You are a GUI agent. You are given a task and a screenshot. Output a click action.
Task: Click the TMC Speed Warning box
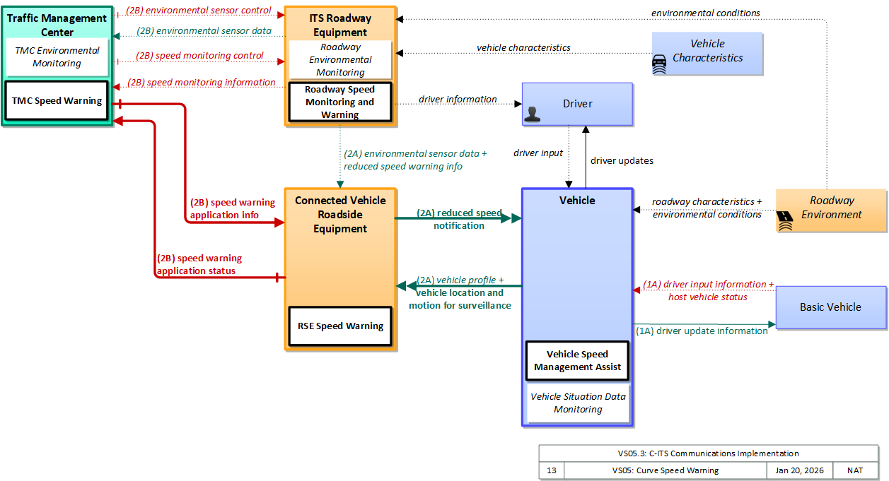tap(57, 100)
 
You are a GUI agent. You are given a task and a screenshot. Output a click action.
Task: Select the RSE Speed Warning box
tap(340, 326)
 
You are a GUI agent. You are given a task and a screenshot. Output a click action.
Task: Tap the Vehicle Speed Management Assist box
tap(577, 360)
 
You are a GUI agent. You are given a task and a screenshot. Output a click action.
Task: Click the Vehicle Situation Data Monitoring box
tap(578, 403)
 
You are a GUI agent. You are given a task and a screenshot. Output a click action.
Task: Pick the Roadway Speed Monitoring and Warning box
tap(340, 102)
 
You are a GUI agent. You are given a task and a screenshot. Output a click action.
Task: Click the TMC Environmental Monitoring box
tap(57, 57)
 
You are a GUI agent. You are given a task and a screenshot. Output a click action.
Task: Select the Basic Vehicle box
tap(831, 307)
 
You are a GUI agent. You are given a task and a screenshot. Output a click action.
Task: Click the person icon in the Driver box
tap(533, 114)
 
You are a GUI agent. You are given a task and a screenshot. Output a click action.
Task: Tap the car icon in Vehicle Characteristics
tap(659, 64)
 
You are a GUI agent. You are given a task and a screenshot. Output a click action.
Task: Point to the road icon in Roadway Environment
tap(784, 220)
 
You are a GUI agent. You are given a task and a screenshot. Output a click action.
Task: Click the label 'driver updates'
tap(622, 161)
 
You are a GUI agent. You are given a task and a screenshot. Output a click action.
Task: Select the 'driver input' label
tap(538, 153)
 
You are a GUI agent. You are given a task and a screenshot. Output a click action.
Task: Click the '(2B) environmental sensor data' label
tap(204, 31)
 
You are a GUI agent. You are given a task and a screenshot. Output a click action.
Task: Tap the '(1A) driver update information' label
tap(702, 331)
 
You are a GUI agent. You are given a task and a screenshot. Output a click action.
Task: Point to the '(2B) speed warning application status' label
tap(199, 264)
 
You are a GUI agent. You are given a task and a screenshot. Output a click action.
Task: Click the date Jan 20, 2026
tap(799, 470)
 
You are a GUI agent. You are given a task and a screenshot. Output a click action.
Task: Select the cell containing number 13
tap(552, 470)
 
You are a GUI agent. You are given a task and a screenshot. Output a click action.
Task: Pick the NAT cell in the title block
tap(855, 470)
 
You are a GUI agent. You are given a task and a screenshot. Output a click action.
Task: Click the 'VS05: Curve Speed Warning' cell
tap(666, 470)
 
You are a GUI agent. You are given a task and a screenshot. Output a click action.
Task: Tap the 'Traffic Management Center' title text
tap(57, 25)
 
